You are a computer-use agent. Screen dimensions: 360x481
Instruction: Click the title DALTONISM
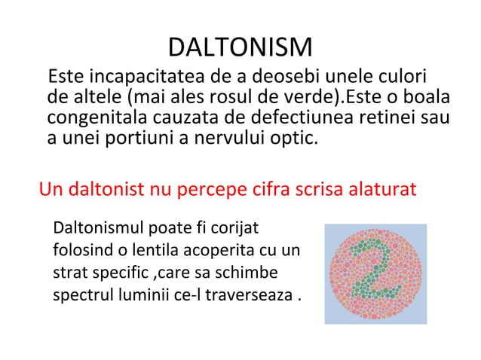[x=240, y=49]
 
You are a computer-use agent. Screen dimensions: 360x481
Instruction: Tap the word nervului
[x=218, y=139]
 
